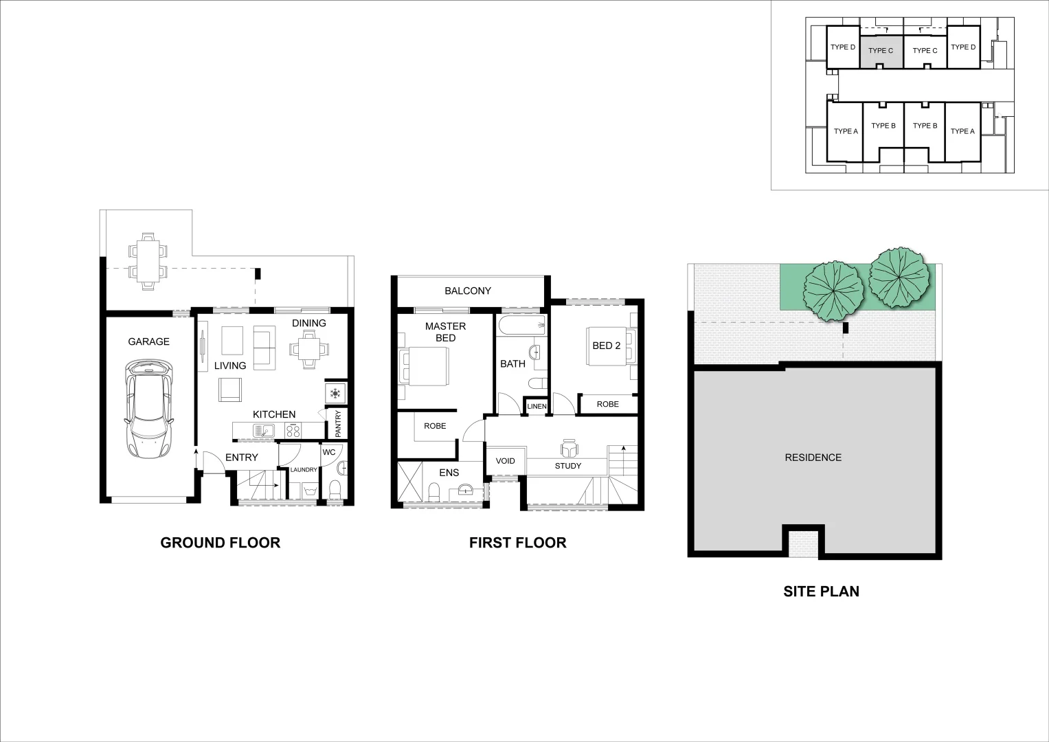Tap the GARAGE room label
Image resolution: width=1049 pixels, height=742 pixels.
148,341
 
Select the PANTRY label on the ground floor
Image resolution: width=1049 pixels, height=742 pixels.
338,424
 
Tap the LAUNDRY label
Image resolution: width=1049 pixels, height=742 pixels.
304,470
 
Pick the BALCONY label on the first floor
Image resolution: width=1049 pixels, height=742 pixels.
468,291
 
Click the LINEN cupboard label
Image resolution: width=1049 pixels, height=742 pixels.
537,407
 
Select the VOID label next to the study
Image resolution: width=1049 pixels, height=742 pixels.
506,461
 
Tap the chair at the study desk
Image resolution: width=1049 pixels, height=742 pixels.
569,449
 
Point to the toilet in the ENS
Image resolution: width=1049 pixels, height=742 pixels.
434,491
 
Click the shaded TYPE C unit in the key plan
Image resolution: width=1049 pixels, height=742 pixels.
881,51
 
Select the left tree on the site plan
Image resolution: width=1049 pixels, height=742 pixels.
833,290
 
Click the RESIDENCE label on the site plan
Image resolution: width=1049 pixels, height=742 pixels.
813,458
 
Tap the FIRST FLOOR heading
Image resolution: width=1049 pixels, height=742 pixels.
517,543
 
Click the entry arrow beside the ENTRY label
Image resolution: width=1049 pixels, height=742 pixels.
196,454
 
